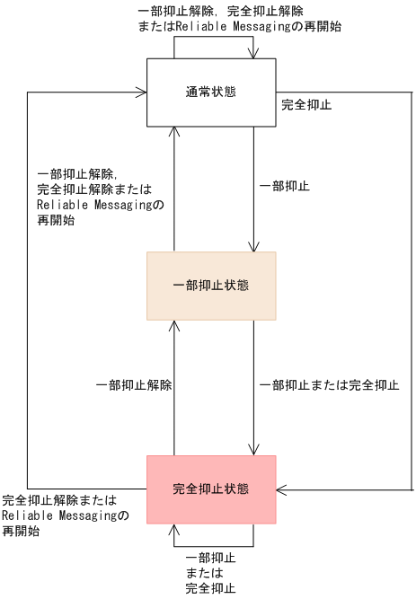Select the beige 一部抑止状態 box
(x=211, y=286)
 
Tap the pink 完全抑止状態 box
(x=211, y=489)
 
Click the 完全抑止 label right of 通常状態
(x=306, y=105)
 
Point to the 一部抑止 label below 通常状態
(x=284, y=186)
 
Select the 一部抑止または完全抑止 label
(x=329, y=384)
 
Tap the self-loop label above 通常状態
(x=232, y=18)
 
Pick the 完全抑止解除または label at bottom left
(x=59, y=500)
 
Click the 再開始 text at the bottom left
(x=20, y=531)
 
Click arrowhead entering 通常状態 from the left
(x=143, y=92)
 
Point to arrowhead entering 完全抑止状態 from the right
(x=280, y=489)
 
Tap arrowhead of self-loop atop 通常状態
(x=254, y=55)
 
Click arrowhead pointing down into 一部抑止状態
(x=254, y=248)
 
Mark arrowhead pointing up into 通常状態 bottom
(x=173, y=131)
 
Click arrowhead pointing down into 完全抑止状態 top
(x=254, y=451)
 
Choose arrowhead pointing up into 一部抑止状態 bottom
(x=173, y=325)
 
